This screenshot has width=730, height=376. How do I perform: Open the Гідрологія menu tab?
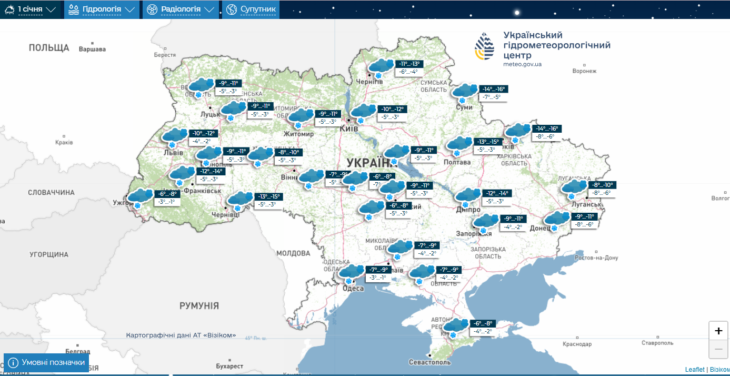(102, 9)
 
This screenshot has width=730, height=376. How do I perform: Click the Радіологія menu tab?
(180, 9)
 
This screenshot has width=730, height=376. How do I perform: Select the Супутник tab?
(251, 9)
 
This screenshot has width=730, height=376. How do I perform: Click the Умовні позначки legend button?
(46, 363)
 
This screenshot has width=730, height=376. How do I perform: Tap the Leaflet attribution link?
(694, 370)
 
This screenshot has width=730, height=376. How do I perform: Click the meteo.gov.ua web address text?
(522, 64)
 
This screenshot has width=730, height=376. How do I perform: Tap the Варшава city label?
(92, 50)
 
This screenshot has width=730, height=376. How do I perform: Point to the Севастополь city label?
(430, 362)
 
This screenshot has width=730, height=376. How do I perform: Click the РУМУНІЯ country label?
(199, 306)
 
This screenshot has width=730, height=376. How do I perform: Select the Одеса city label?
(353, 288)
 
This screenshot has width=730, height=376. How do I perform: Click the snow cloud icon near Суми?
(465, 92)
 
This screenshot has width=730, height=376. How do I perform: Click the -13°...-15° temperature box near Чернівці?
(268, 196)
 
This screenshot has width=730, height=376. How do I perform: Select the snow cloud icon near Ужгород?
(140, 197)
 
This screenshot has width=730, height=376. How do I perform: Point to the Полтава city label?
(457, 162)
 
